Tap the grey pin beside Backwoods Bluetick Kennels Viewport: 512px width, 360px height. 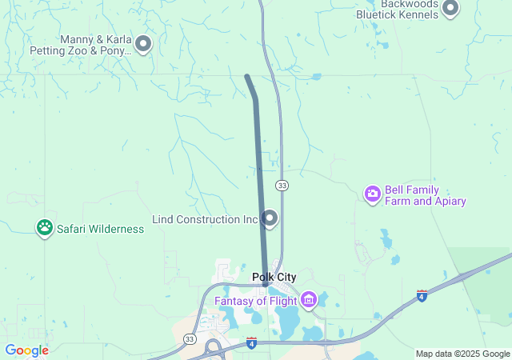[450, 8]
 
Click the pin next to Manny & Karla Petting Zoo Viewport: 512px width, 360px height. [143, 43]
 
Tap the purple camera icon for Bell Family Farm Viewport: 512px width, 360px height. [372, 193]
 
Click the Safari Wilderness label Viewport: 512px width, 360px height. [100, 229]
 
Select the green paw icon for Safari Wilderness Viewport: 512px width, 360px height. [45, 228]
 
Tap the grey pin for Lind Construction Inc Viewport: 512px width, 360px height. [270, 218]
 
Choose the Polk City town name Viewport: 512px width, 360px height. [274, 278]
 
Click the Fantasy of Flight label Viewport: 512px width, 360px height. [254, 301]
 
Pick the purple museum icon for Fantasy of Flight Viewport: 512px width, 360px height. [309, 301]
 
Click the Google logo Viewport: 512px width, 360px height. [26, 350]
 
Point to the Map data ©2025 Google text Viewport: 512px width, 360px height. [462, 354]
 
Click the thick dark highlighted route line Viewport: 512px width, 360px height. [260, 176]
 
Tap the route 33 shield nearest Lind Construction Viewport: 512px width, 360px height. [282, 186]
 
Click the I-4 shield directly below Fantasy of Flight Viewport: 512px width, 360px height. [251, 343]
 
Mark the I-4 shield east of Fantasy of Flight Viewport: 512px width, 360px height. [422, 295]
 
